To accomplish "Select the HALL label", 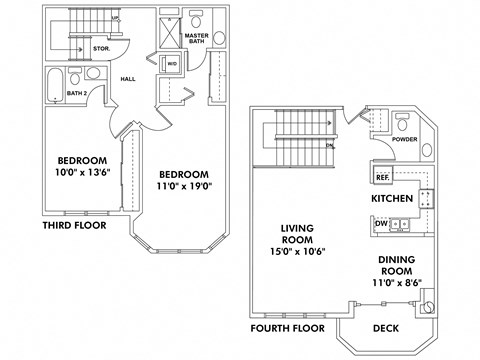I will point(127,78).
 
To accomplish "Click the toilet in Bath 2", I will point(91,73).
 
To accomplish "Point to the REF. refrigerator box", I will point(382,176).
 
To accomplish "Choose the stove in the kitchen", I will point(424,198).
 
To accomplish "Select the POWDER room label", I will point(405,140).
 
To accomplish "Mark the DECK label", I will point(385,327).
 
